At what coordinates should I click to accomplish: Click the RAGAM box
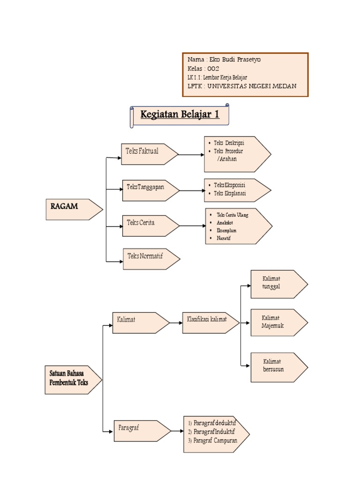click(73, 209)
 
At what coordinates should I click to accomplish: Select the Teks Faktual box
click(148, 154)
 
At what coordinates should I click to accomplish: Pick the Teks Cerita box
click(150, 225)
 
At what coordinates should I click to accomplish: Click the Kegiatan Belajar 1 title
click(180, 115)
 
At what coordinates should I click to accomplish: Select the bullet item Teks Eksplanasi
click(230, 193)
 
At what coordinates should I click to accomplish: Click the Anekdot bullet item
click(225, 223)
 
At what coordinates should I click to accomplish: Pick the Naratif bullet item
click(224, 239)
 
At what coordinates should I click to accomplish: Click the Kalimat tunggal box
click(277, 284)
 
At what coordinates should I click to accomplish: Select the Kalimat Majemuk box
click(278, 322)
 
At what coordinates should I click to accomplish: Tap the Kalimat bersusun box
click(278, 366)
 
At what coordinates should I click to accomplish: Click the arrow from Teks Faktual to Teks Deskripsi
click(191, 155)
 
